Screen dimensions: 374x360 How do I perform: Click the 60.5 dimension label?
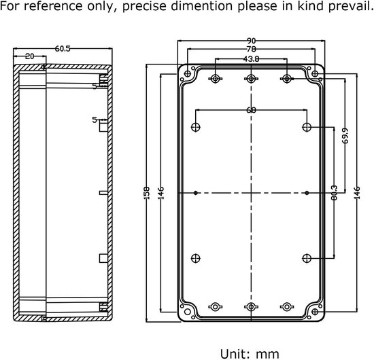pos(63,49)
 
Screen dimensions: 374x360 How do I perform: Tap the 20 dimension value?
pos(29,56)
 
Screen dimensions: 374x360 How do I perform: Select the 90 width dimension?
pos(251,41)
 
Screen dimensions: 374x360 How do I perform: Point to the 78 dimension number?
pos(251,49)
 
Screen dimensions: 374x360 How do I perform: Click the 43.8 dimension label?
pos(251,59)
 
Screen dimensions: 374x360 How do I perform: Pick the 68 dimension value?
pos(251,110)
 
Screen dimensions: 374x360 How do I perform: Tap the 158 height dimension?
pos(147,193)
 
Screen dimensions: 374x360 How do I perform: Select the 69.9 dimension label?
pos(345,136)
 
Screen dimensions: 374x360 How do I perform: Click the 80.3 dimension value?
pos(334,193)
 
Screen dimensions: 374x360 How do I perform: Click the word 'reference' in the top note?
pos(53,6)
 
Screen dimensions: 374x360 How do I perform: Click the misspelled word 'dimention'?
pos(201,6)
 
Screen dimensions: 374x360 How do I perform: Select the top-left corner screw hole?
pos(188,73)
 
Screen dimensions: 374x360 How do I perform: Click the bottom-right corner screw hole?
pos(315,312)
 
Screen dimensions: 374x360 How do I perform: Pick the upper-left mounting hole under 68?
pos(196,127)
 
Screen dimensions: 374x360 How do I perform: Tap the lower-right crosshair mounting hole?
pos(307,259)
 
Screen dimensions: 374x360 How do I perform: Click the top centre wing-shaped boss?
pos(251,78)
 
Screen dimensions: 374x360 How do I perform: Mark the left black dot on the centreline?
pos(196,193)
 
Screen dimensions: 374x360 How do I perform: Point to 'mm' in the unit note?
pos(267,355)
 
